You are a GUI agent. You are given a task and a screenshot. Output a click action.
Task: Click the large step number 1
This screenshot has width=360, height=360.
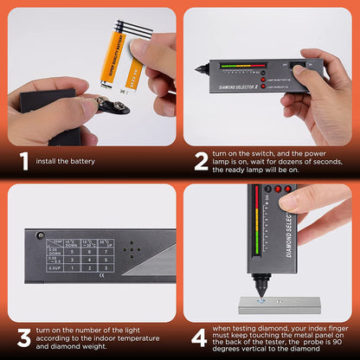pos(24,160)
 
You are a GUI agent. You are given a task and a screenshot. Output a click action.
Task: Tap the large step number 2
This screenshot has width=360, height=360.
pos(201,160)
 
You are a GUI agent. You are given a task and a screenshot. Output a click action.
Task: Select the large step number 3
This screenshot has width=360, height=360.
pos(24,336)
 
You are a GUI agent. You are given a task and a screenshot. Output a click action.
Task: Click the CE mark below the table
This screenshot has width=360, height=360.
pos(102,277)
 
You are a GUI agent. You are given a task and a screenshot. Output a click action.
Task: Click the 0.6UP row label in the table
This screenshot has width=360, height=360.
pos(54,267)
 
